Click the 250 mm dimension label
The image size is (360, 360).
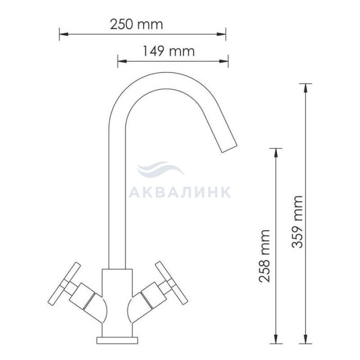tap(136, 24)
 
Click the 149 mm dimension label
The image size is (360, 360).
tap(169, 51)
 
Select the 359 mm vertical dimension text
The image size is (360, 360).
tap(297, 222)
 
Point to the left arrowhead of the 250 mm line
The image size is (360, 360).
tap(64, 34)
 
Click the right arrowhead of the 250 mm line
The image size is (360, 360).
tap(221, 34)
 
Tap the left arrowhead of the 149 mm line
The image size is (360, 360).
tap(122, 61)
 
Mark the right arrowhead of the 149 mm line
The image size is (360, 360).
tap(224, 61)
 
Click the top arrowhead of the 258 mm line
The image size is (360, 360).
tap(276, 153)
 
